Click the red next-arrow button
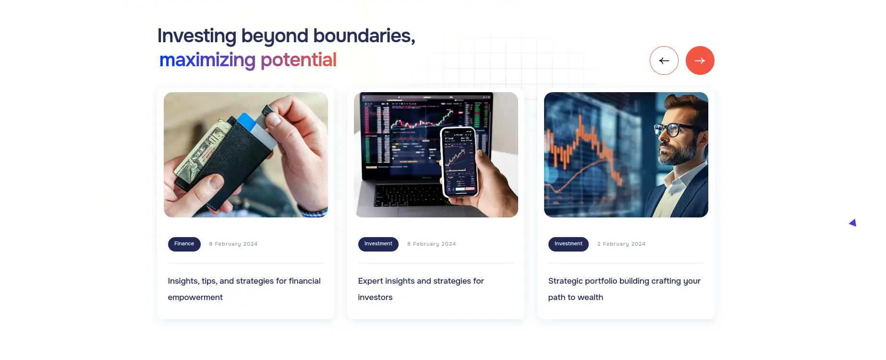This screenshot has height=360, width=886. coord(700,60)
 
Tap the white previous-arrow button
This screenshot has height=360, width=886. coord(664,60)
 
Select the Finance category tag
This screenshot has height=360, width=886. coord(184,244)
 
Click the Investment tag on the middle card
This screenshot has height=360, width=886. coord(378,244)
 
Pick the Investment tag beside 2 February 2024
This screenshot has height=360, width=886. coord(568,244)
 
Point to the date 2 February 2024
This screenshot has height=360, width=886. coord(621,244)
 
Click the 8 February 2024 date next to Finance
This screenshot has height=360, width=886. coord(233,244)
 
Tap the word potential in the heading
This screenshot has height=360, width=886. coord(298,60)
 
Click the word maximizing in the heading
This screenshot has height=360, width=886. coord(207,60)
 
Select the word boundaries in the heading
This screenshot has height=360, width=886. coord(364,36)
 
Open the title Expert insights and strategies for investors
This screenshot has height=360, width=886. coord(421,289)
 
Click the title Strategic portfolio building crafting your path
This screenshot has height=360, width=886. coord(624,289)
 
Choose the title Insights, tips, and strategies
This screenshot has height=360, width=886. coord(244,289)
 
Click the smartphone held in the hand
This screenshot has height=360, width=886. coord(459,162)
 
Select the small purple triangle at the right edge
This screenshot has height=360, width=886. coord(853,223)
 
